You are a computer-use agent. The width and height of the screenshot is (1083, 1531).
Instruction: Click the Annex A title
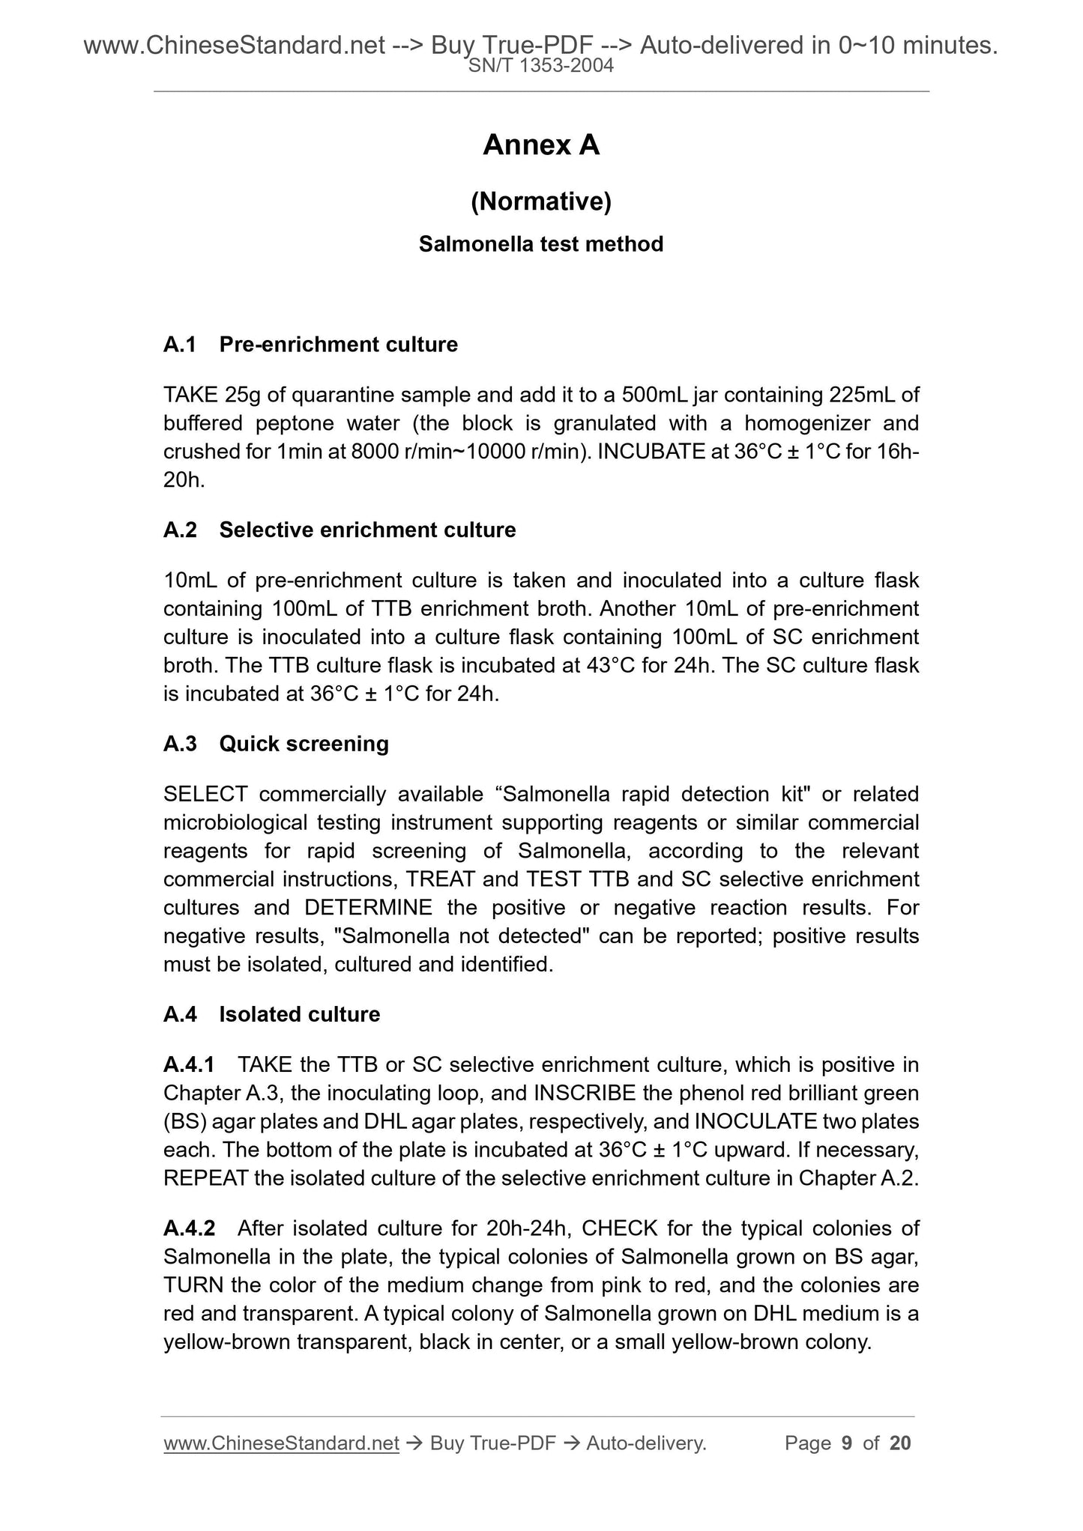(541, 145)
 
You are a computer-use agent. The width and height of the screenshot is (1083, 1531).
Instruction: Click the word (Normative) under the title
(541, 201)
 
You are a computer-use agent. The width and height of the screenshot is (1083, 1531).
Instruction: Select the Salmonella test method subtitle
(541, 244)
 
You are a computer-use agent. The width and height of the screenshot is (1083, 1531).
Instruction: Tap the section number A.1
(180, 345)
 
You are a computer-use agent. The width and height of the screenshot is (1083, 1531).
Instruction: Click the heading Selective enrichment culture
(367, 530)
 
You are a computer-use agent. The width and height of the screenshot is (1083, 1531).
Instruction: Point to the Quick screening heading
(304, 744)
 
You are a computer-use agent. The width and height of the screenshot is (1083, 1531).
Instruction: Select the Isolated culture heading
(299, 1014)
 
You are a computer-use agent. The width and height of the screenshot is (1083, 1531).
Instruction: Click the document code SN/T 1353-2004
(541, 66)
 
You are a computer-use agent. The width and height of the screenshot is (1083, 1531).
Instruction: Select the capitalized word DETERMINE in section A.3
(369, 908)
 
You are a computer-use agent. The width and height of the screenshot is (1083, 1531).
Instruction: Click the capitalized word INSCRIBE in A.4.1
(584, 1093)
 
